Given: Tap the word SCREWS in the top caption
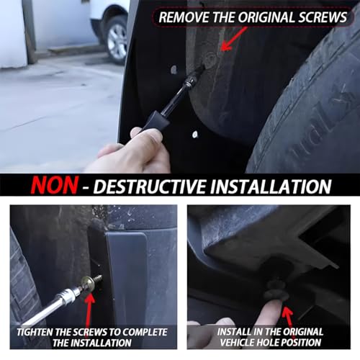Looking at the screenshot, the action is click(323, 17).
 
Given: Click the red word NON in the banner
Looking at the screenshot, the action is click(55, 185).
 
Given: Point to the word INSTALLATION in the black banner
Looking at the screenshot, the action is click(271, 186).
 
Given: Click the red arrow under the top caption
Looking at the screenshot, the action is click(233, 38).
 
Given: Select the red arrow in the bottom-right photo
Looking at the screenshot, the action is click(289, 317).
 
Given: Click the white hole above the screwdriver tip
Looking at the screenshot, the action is click(174, 70).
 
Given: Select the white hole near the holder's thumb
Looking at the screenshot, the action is click(195, 135).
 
